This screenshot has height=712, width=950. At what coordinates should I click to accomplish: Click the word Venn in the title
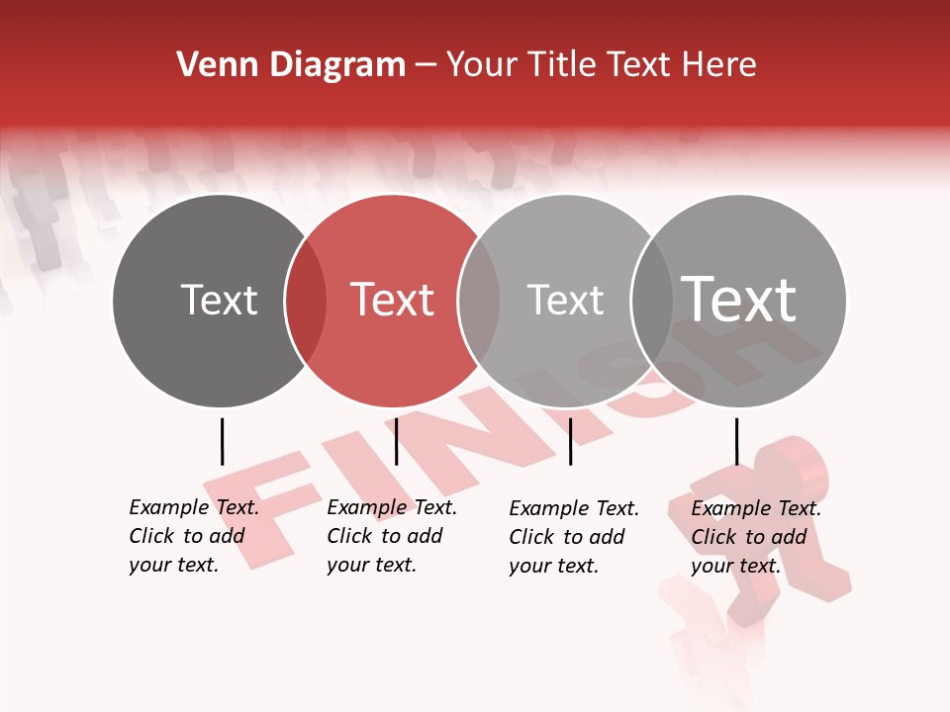(206, 65)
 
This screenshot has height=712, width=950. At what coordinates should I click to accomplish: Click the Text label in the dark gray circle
(219, 301)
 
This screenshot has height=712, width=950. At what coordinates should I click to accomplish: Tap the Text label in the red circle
(393, 301)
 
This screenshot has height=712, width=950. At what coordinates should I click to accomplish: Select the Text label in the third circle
(565, 301)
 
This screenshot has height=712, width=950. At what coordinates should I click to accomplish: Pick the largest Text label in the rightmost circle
(739, 300)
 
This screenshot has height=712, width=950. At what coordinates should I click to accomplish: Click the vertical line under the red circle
(396, 441)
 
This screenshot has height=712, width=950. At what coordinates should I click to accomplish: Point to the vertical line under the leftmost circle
(222, 441)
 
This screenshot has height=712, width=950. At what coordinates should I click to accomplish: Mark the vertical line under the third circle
(570, 441)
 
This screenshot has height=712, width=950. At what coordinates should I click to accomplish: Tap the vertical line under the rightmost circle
(736, 441)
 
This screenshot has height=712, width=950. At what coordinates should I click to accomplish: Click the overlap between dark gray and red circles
(306, 301)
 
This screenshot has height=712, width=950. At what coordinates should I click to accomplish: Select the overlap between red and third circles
(480, 301)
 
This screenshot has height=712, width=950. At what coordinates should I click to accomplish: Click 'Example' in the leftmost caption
(170, 507)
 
